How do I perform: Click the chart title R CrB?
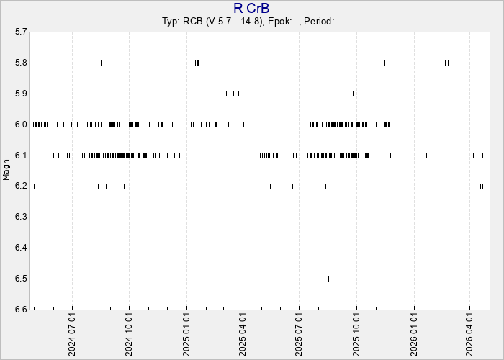coord(251,8)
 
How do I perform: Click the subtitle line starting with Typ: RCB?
coord(251,22)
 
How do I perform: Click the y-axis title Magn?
coord(6,171)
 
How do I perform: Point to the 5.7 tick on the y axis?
coord(20,32)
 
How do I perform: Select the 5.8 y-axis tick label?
coord(20,63)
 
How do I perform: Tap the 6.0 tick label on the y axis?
coord(20,125)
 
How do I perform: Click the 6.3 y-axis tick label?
coord(20,217)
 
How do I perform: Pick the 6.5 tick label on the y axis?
coord(20,279)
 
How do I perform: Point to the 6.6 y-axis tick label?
coord(20,310)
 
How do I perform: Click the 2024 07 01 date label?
coord(73,333)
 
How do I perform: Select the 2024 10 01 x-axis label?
coord(130,333)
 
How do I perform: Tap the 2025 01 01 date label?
coord(186,333)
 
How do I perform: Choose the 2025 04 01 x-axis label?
coord(243,333)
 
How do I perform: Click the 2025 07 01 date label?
coord(300,333)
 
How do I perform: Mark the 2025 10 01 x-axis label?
coord(356,333)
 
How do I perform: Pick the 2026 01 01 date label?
coord(413,333)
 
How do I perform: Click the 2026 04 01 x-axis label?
coord(469,333)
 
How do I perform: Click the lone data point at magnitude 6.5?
coord(328,279)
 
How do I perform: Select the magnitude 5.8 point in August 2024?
coord(101,63)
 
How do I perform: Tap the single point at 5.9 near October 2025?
coord(353,94)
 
